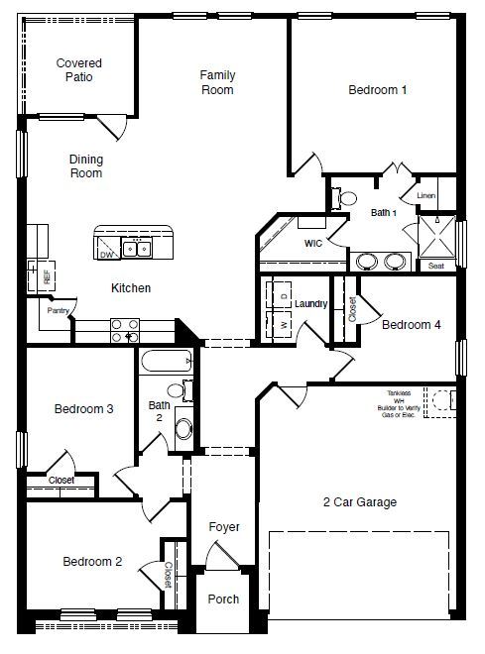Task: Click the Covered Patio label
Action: pos(78,69)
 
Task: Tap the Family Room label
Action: pos(217,82)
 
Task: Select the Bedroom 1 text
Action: pos(378,90)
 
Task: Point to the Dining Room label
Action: pos(86,165)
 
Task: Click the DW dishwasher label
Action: pos(106,255)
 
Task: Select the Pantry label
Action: pos(58,310)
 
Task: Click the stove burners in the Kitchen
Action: pos(124,329)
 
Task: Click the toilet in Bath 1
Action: pos(346,198)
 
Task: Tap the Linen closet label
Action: pos(426,196)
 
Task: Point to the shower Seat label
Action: pos(435,265)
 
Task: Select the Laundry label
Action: pos(310,303)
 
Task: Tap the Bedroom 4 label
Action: pos(412,324)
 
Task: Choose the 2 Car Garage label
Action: pos(361,502)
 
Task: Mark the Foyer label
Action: pos(224,527)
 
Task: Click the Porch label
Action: pos(223,599)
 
